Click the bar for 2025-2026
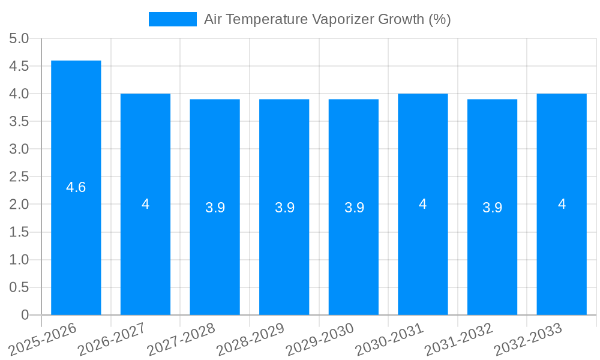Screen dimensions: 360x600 (x=76, y=240)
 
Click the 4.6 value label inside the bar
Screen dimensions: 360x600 (x=76, y=187)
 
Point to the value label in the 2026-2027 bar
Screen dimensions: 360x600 (x=146, y=204)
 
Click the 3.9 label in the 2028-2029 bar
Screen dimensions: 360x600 (x=284, y=208)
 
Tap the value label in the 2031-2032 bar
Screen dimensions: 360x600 (x=492, y=208)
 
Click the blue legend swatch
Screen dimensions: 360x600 (x=173, y=19)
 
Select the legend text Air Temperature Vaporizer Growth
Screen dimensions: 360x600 (x=327, y=19)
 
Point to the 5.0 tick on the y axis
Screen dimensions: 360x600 (x=19, y=39)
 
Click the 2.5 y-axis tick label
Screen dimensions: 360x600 (x=19, y=177)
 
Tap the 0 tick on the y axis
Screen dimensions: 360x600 (x=25, y=315)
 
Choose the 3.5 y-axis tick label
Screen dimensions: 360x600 (x=19, y=122)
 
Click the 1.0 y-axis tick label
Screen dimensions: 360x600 (x=19, y=260)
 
